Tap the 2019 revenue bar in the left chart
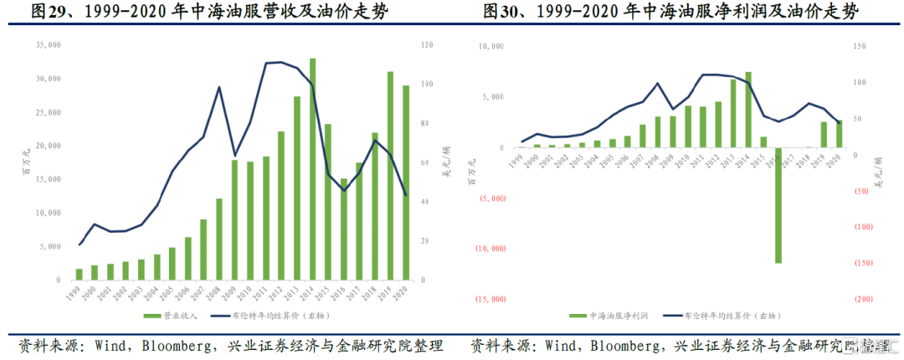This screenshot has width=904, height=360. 390,176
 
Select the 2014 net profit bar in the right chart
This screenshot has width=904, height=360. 748,110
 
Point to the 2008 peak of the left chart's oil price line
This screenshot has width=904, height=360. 218,87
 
